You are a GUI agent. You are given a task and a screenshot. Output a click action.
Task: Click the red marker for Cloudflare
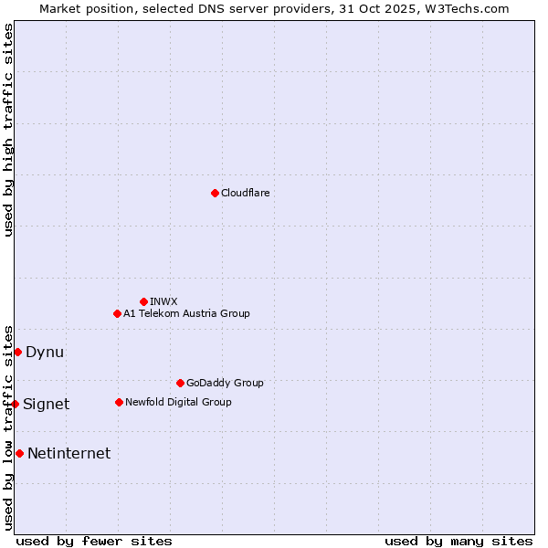tap(215, 193)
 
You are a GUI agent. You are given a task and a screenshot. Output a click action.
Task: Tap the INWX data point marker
tap(143, 301)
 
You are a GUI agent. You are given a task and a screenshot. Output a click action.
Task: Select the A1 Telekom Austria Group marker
tap(117, 313)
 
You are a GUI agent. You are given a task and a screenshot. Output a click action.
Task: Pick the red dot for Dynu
tap(17, 352)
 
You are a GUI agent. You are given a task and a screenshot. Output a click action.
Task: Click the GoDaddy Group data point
tap(180, 383)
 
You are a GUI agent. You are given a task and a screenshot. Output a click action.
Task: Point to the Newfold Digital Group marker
tap(119, 402)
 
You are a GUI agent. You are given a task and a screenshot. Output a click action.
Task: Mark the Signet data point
tap(15, 404)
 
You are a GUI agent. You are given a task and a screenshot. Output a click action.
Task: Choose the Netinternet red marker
tap(19, 453)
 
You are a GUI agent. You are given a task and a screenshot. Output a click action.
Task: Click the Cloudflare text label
tap(245, 193)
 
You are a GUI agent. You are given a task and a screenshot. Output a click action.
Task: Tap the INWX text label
tap(163, 301)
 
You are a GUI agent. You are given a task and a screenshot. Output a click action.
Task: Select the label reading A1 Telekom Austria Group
tap(186, 313)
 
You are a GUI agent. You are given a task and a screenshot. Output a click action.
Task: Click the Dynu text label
tap(45, 353)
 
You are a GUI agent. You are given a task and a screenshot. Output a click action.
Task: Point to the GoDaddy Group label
tap(225, 383)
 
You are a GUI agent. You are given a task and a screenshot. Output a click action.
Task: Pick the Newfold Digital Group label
tap(178, 402)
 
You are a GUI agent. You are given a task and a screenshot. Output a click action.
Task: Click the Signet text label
tap(46, 405)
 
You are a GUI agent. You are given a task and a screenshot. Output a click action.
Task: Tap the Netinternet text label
tap(68, 454)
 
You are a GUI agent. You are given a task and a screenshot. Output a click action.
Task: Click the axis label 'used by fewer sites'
tap(94, 541)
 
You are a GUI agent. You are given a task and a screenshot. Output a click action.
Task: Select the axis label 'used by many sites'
tap(458, 541)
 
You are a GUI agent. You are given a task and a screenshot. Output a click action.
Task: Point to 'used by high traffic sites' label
tap(8, 130)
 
